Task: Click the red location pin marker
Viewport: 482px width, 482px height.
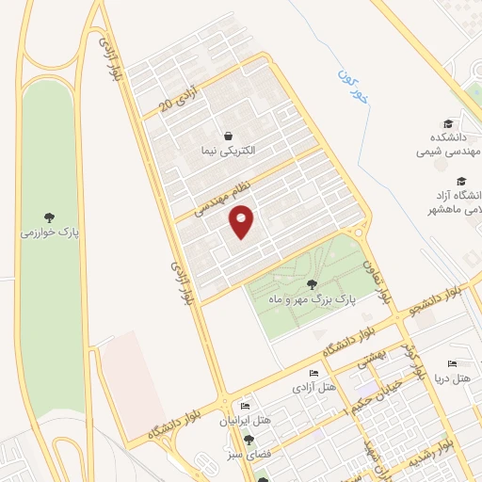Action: pyautogui.click(x=243, y=221)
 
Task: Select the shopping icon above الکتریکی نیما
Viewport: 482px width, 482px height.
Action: pyautogui.click(x=228, y=135)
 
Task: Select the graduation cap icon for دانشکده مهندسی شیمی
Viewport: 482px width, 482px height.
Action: pyautogui.click(x=448, y=123)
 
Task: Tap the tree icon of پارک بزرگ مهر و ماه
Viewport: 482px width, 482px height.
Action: pyautogui.click(x=312, y=283)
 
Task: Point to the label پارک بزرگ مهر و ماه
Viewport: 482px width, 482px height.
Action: pyautogui.click(x=311, y=298)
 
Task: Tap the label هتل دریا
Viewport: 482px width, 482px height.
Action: pyautogui.click(x=452, y=378)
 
